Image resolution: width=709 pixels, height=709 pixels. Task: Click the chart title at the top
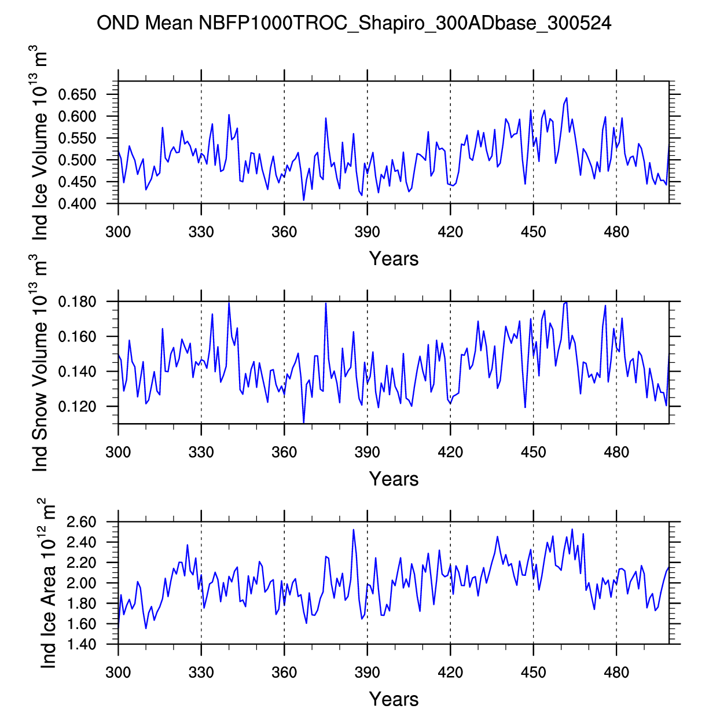click(354, 23)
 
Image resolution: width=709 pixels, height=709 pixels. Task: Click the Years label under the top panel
click(394, 259)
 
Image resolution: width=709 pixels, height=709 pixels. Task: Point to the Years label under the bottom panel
click(394, 699)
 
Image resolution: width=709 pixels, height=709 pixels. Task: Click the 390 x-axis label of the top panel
click(368, 233)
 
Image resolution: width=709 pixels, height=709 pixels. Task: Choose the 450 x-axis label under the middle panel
click(533, 452)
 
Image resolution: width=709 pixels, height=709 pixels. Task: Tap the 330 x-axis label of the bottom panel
click(201, 673)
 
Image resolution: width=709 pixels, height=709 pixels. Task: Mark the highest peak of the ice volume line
click(567, 98)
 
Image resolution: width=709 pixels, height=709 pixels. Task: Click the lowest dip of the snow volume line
click(304, 423)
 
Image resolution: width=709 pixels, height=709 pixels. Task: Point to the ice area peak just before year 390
click(353, 530)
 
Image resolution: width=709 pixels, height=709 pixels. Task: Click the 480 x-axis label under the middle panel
click(616, 452)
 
